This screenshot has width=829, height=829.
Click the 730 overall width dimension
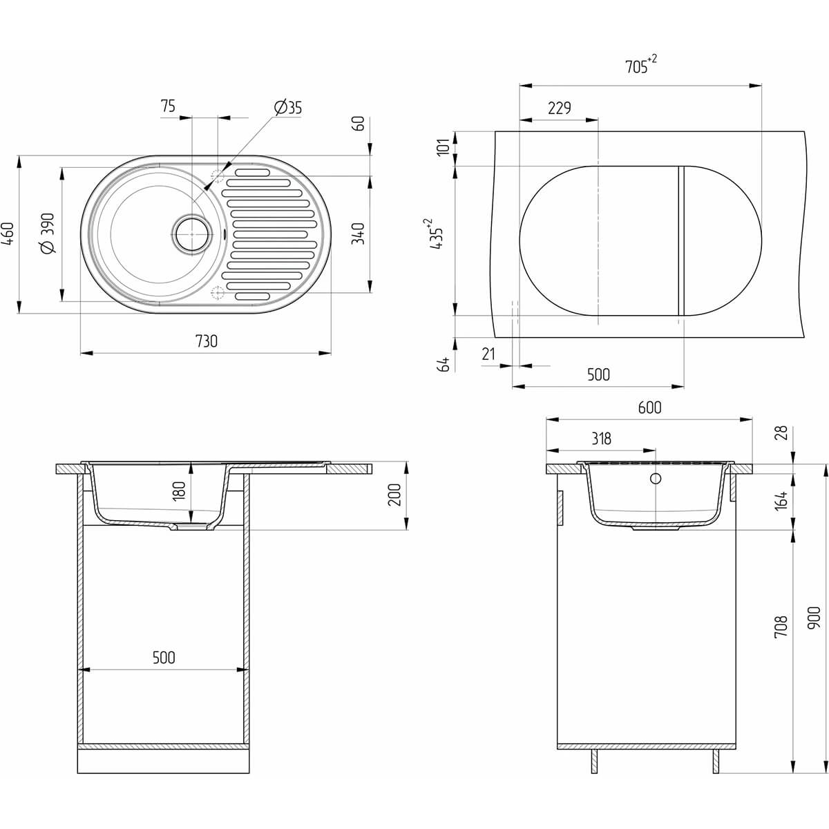point(207,341)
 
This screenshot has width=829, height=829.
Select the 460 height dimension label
point(9,233)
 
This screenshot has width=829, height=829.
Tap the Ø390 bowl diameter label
point(48,234)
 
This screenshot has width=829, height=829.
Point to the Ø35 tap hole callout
point(288,108)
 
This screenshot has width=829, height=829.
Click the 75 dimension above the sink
point(168,106)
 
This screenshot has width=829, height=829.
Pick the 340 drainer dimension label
point(358,234)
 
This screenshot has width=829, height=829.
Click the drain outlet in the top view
point(192,234)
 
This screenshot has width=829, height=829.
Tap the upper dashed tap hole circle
point(218,175)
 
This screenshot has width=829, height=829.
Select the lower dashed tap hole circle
point(218,292)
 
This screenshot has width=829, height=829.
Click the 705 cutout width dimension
point(640,66)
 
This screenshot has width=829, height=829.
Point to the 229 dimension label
point(560,108)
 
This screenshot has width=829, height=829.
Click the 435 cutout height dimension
point(434,234)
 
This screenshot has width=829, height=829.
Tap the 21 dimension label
point(488,354)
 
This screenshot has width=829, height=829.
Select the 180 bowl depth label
point(178,491)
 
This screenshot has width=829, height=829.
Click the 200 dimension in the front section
point(394,495)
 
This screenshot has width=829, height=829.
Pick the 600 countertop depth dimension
point(649,408)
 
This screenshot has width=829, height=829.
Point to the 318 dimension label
point(601,439)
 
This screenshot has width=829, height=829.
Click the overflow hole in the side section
point(656,478)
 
